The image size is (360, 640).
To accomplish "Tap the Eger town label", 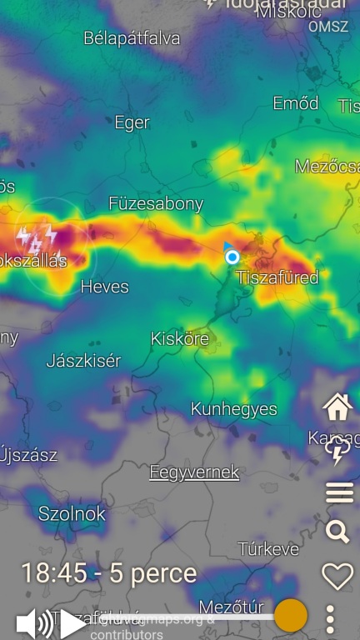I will (x=132, y=123).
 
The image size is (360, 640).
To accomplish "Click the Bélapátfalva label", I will (x=132, y=38).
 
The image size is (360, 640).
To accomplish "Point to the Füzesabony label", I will (x=156, y=203).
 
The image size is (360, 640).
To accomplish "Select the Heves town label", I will (x=104, y=287).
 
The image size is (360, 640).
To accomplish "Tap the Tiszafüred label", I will (x=277, y=277).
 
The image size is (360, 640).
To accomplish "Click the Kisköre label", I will (x=179, y=339).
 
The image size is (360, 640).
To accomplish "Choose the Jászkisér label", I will (x=83, y=361).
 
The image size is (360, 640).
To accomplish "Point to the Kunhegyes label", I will (x=233, y=409).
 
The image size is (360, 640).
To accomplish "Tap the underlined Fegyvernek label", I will (x=194, y=472).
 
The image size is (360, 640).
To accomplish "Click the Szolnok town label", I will (x=72, y=514).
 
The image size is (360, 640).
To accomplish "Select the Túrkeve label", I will (x=268, y=549).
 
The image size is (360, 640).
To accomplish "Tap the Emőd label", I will (x=296, y=103).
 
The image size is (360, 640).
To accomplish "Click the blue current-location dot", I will (x=232, y=257).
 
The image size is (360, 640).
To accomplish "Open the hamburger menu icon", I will (x=339, y=493).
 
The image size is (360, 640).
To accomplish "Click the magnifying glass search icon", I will (x=337, y=532).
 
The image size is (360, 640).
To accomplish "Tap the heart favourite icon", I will (x=337, y=576).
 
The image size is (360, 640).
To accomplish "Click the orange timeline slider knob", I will (x=291, y=616).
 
